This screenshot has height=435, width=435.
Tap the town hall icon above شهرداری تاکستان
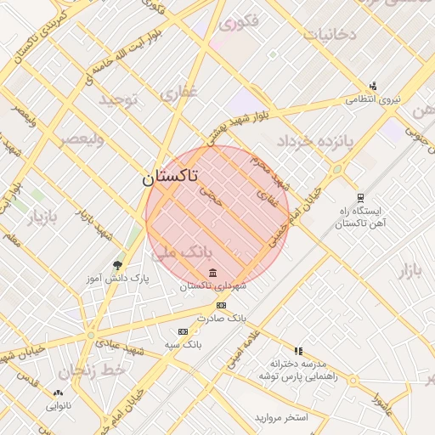212,273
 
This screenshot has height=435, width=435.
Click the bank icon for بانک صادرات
221,305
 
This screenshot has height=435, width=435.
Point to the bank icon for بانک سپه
183,331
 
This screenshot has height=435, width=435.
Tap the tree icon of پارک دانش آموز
117,265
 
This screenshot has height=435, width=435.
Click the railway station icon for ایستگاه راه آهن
360,196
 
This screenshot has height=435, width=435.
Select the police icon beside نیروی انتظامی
372,86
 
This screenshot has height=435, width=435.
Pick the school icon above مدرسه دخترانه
298,350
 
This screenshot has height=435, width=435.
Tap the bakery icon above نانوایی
58,393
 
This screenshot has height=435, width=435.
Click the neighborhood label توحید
119,99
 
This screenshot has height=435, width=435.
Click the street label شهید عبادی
121,336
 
